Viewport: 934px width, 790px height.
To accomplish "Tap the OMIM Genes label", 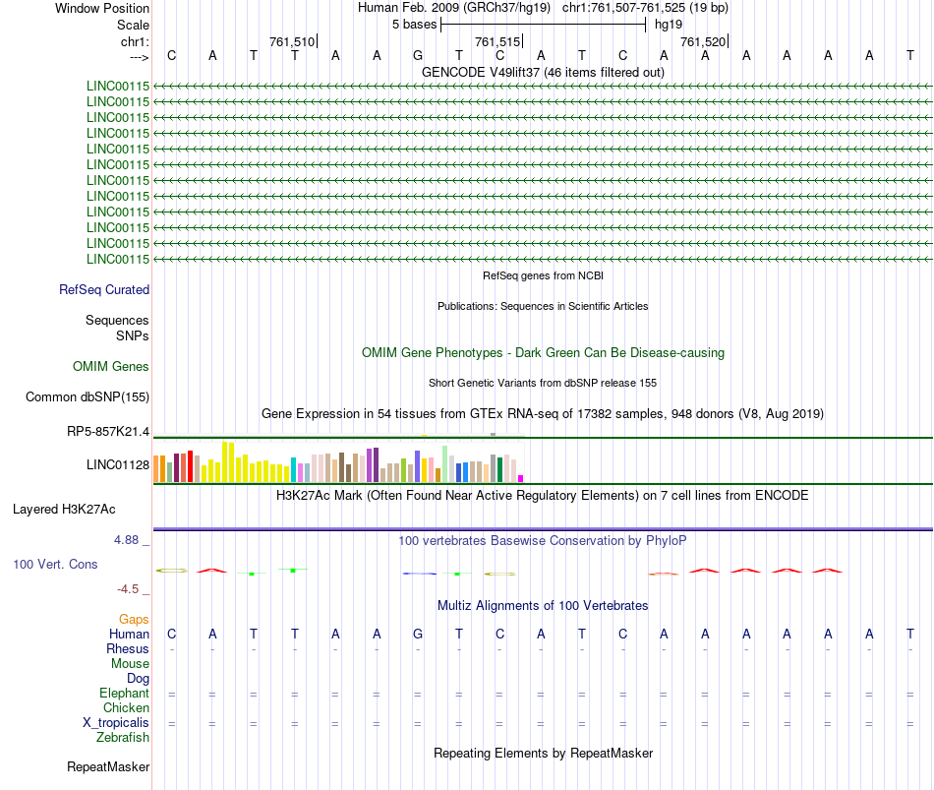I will point(111,366).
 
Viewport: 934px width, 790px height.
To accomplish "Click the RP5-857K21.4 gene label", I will point(108,431).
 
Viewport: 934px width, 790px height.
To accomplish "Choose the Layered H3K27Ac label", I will point(64,510).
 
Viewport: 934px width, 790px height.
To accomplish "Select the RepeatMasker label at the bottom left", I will point(108,766).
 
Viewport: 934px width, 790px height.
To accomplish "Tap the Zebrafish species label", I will point(123,737).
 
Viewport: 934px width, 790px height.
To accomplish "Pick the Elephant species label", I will point(124,694).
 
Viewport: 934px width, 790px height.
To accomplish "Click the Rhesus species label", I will point(128,649).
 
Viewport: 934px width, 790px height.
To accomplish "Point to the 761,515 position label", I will point(497,41).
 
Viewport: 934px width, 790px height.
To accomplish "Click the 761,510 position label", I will point(292,41).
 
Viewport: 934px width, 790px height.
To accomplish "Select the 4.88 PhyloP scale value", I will point(131,540).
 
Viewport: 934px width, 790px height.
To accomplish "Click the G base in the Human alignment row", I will point(418,634).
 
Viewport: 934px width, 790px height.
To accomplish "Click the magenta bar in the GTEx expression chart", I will point(521,478).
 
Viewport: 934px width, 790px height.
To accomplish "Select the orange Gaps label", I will point(134,619).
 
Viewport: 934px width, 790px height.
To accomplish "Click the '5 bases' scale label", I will point(414,24).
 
